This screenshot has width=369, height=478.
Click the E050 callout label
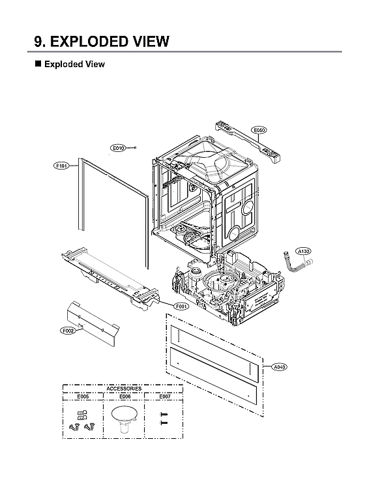(x=259, y=130)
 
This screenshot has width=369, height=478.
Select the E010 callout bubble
(x=118, y=148)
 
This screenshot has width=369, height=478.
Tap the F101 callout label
(x=61, y=166)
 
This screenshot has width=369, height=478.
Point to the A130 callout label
(x=304, y=250)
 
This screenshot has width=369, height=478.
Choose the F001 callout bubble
(x=182, y=306)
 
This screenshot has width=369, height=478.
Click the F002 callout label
(x=68, y=331)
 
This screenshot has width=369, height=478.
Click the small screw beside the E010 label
(x=134, y=147)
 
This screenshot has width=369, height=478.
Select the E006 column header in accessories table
(x=125, y=396)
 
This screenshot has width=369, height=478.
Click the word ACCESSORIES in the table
(x=123, y=389)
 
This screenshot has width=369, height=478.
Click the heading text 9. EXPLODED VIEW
(x=102, y=42)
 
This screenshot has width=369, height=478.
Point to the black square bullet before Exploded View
(x=37, y=64)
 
